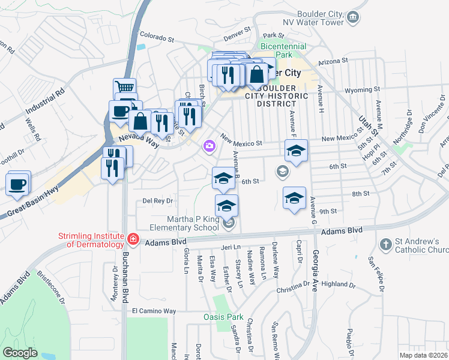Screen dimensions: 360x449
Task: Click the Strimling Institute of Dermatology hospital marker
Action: (x=133, y=241)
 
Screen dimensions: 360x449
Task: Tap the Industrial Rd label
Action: (x=45, y=102)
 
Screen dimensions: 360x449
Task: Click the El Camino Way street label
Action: (x=154, y=311)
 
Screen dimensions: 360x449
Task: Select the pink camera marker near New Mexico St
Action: (x=209, y=145)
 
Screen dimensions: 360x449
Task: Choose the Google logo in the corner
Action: (x=20, y=353)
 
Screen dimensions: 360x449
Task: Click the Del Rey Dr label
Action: (x=158, y=201)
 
